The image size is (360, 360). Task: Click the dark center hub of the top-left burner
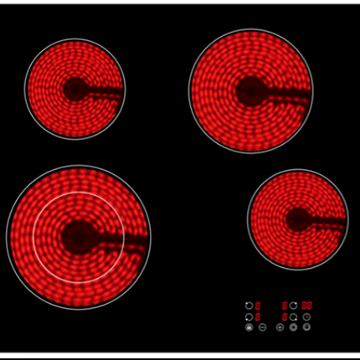pyautogui.click(x=75, y=89)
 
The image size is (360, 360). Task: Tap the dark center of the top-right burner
pyautogui.click(x=250, y=90)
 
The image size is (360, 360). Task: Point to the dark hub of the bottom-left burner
pyautogui.click(x=79, y=237)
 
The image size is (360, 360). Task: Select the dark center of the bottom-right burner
pyautogui.click(x=298, y=219)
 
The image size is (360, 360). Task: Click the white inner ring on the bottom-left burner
pyautogui.click(x=35, y=237)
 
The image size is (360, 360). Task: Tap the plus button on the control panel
pyautogui.click(x=280, y=327)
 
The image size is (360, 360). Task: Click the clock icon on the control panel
pyautogui.click(x=307, y=316)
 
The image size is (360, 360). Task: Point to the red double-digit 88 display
pyautogui.click(x=307, y=306)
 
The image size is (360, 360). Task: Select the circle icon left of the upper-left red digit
pyautogui.click(x=249, y=306)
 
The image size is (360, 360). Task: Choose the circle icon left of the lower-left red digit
pyautogui.click(x=249, y=316)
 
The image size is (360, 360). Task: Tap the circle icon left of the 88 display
pyautogui.click(x=294, y=306)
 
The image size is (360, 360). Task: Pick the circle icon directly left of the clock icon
pyautogui.click(x=294, y=316)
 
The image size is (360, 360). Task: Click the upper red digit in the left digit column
pyautogui.click(x=258, y=306)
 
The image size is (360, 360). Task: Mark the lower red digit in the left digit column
pyautogui.click(x=258, y=316)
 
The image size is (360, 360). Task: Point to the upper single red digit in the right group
pyautogui.click(x=285, y=306)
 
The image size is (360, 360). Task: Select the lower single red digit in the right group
pyautogui.click(x=285, y=316)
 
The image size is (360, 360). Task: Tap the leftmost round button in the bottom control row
pyautogui.click(x=249, y=327)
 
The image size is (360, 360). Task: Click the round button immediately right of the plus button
pyautogui.click(x=293, y=327)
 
